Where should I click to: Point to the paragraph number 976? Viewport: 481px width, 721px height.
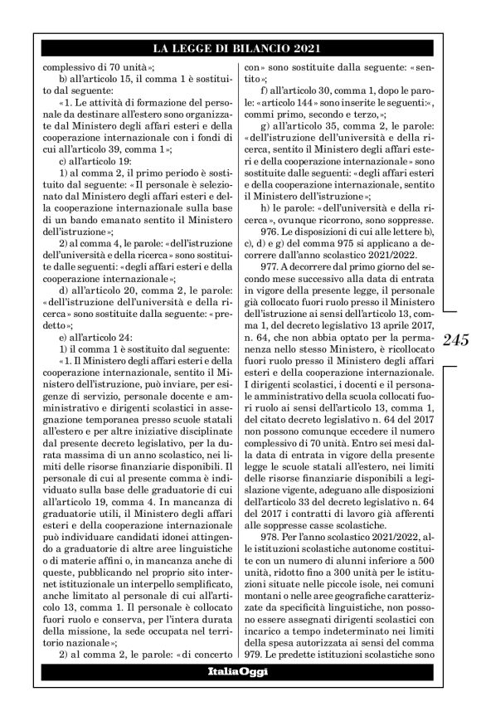(x=270, y=231)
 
